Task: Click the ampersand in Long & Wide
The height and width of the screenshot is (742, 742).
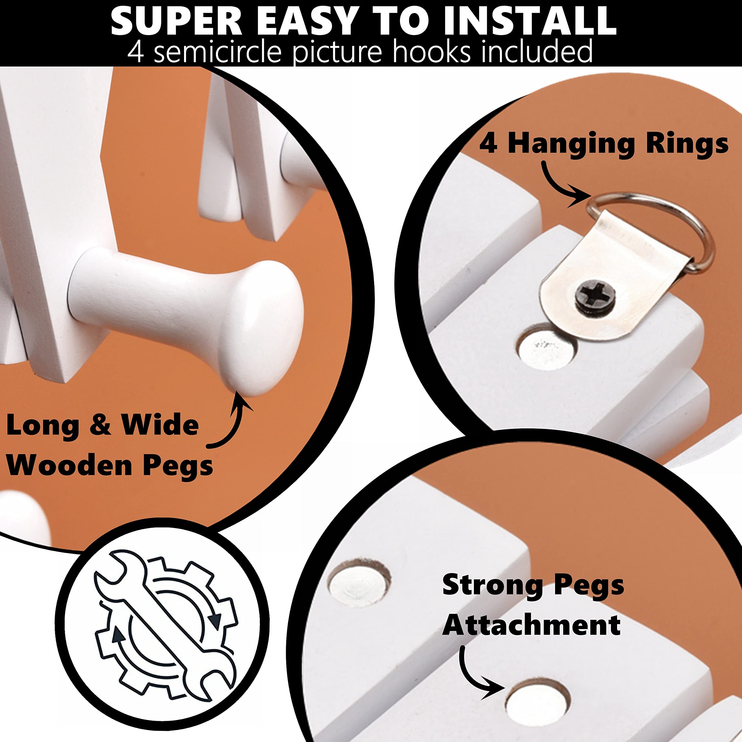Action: pyautogui.click(x=101, y=425)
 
